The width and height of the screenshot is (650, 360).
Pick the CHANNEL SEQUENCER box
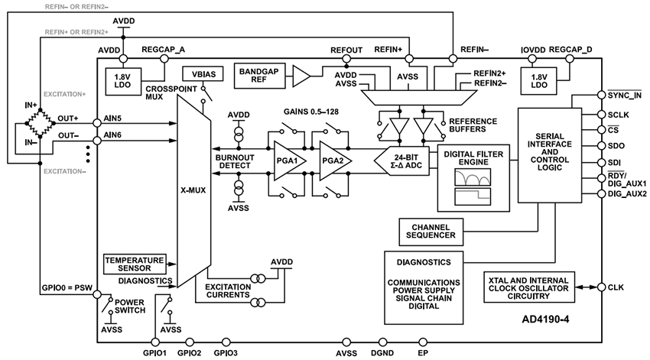[x=434, y=231]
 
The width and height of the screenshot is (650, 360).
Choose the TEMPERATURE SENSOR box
[x=135, y=263]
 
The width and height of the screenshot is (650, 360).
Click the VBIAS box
[x=197, y=75]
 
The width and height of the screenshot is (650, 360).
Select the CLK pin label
[x=616, y=287]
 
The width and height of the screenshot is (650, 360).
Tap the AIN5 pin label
[x=112, y=120]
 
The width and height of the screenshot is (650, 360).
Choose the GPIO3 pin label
[x=226, y=353]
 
